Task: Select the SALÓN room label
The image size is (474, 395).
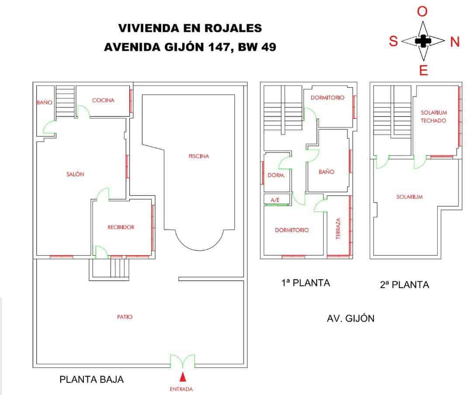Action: pyautogui.click(x=75, y=174)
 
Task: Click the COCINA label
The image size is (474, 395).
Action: pyautogui.click(x=103, y=100)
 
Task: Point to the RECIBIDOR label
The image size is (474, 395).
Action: pyautogui.click(x=121, y=227)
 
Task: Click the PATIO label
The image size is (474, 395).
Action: pyautogui.click(x=125, y=317)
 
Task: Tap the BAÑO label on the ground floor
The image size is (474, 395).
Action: pyautogui.click(x=45, y=103)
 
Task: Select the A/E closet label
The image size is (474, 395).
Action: pyautogui.click(x=275, y=200)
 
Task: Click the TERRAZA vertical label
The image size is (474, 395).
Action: pyautogui.click(x=338, y=229)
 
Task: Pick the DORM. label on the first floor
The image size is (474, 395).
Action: pyautogui.click(x=276, y=176)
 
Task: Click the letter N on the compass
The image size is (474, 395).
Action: pyautogui.click(x=455, y=42)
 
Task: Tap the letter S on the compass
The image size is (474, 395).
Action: pyautogui.click(x=393, y=42)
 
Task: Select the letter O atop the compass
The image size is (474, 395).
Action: pyautogui.click(x=422, y=12)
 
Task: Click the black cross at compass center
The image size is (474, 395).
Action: pyautogui.click(x=422, y=41)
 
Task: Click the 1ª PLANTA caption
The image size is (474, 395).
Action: pyautogui.click(x=306, y=283)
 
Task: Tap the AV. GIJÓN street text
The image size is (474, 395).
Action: pyautogui.click(x=350, y=319)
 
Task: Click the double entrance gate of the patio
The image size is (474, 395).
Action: pyautogui.click(x=183, y=361)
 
